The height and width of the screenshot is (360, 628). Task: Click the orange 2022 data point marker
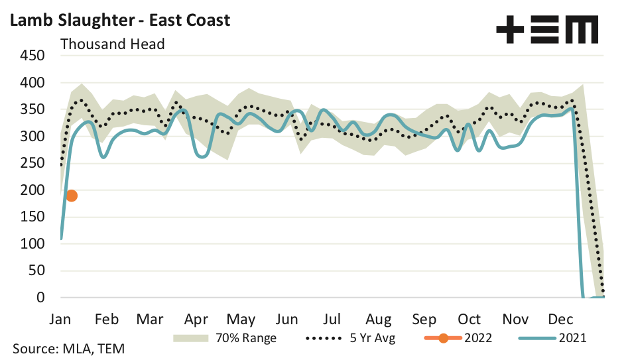(x=72, y=196)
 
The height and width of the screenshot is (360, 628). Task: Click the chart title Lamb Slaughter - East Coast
(x=119, y=20)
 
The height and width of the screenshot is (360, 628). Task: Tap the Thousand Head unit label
(x=113, y=44)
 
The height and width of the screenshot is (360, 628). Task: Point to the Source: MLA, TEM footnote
(x=68, y=348)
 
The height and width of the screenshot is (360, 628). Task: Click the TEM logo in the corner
(x=547, y=30)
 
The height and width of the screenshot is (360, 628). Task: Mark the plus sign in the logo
(x=511, y=30)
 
